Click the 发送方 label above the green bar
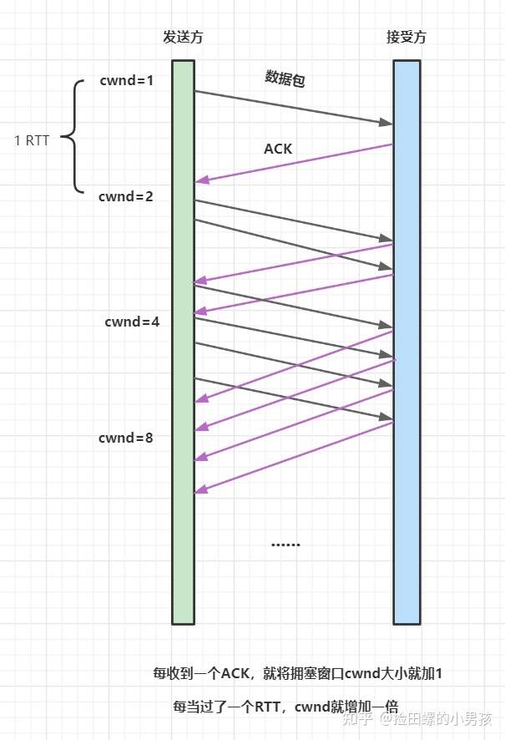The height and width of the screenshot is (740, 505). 183,38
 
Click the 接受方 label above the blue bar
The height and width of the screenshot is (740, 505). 407,38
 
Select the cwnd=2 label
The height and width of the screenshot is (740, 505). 125,197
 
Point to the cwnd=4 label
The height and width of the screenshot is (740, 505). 132,322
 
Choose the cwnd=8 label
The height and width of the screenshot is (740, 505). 125,438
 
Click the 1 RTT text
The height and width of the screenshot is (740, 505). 33,139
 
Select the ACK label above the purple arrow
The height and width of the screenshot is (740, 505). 278,149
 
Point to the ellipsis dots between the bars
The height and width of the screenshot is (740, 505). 285,545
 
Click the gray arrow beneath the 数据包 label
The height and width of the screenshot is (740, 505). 292,108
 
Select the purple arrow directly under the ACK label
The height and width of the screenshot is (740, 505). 292,163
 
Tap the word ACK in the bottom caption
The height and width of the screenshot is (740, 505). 236,673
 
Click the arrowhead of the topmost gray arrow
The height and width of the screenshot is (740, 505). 386,124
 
